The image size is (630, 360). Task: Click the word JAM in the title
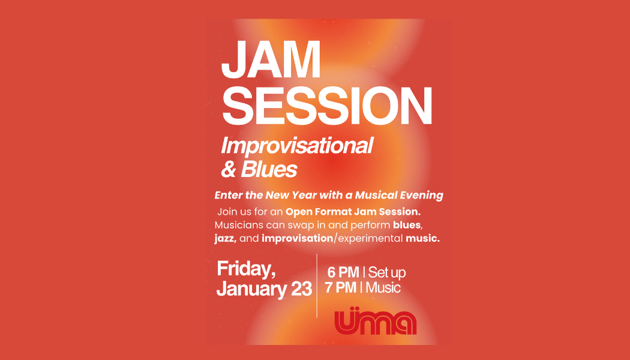271,61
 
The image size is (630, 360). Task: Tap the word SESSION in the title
326,106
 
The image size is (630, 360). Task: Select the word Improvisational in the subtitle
297,146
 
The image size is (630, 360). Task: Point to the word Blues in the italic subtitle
269,170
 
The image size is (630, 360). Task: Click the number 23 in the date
298,289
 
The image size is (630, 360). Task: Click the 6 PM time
343,272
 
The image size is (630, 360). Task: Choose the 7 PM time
341,287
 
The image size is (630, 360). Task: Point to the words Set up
387,272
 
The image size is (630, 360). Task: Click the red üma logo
375,322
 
